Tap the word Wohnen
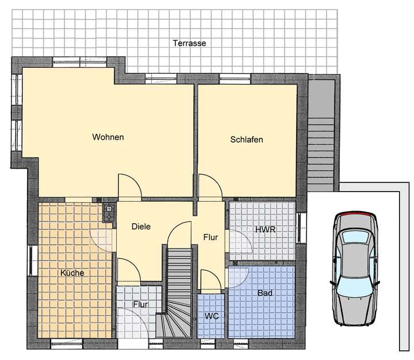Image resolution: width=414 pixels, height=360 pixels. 108,137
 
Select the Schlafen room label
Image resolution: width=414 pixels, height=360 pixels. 247,140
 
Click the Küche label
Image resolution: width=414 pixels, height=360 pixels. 72,273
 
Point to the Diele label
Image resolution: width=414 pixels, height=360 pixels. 141,227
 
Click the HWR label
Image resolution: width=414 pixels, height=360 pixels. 264,229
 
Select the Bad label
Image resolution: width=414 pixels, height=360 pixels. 265,293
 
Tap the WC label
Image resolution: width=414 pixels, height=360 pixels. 212,317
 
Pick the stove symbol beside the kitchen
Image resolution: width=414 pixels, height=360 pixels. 109,213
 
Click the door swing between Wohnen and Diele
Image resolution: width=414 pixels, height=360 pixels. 129,186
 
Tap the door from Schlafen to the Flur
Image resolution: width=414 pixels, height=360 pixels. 210,187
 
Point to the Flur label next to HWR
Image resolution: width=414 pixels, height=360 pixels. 210,237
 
